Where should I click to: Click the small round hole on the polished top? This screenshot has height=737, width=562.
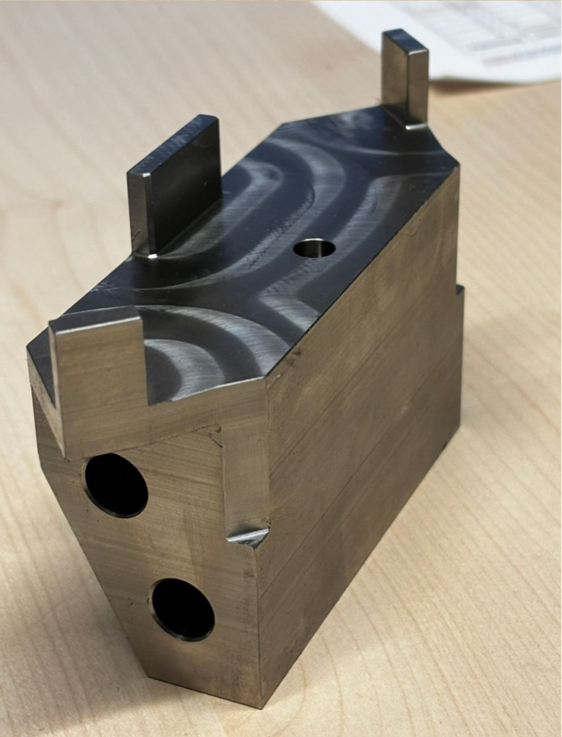coord(314,249)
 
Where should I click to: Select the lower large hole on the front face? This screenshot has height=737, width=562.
coord(183,609)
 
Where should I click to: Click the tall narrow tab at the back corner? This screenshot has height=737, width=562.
coord(404,77)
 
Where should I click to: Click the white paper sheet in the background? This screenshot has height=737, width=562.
coord(468,37)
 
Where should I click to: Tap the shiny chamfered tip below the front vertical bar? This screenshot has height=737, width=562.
coord(247,537)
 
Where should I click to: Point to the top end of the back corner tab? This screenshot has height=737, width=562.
coord(404,37)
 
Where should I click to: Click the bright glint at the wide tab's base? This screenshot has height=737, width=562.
coord(151,255)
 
